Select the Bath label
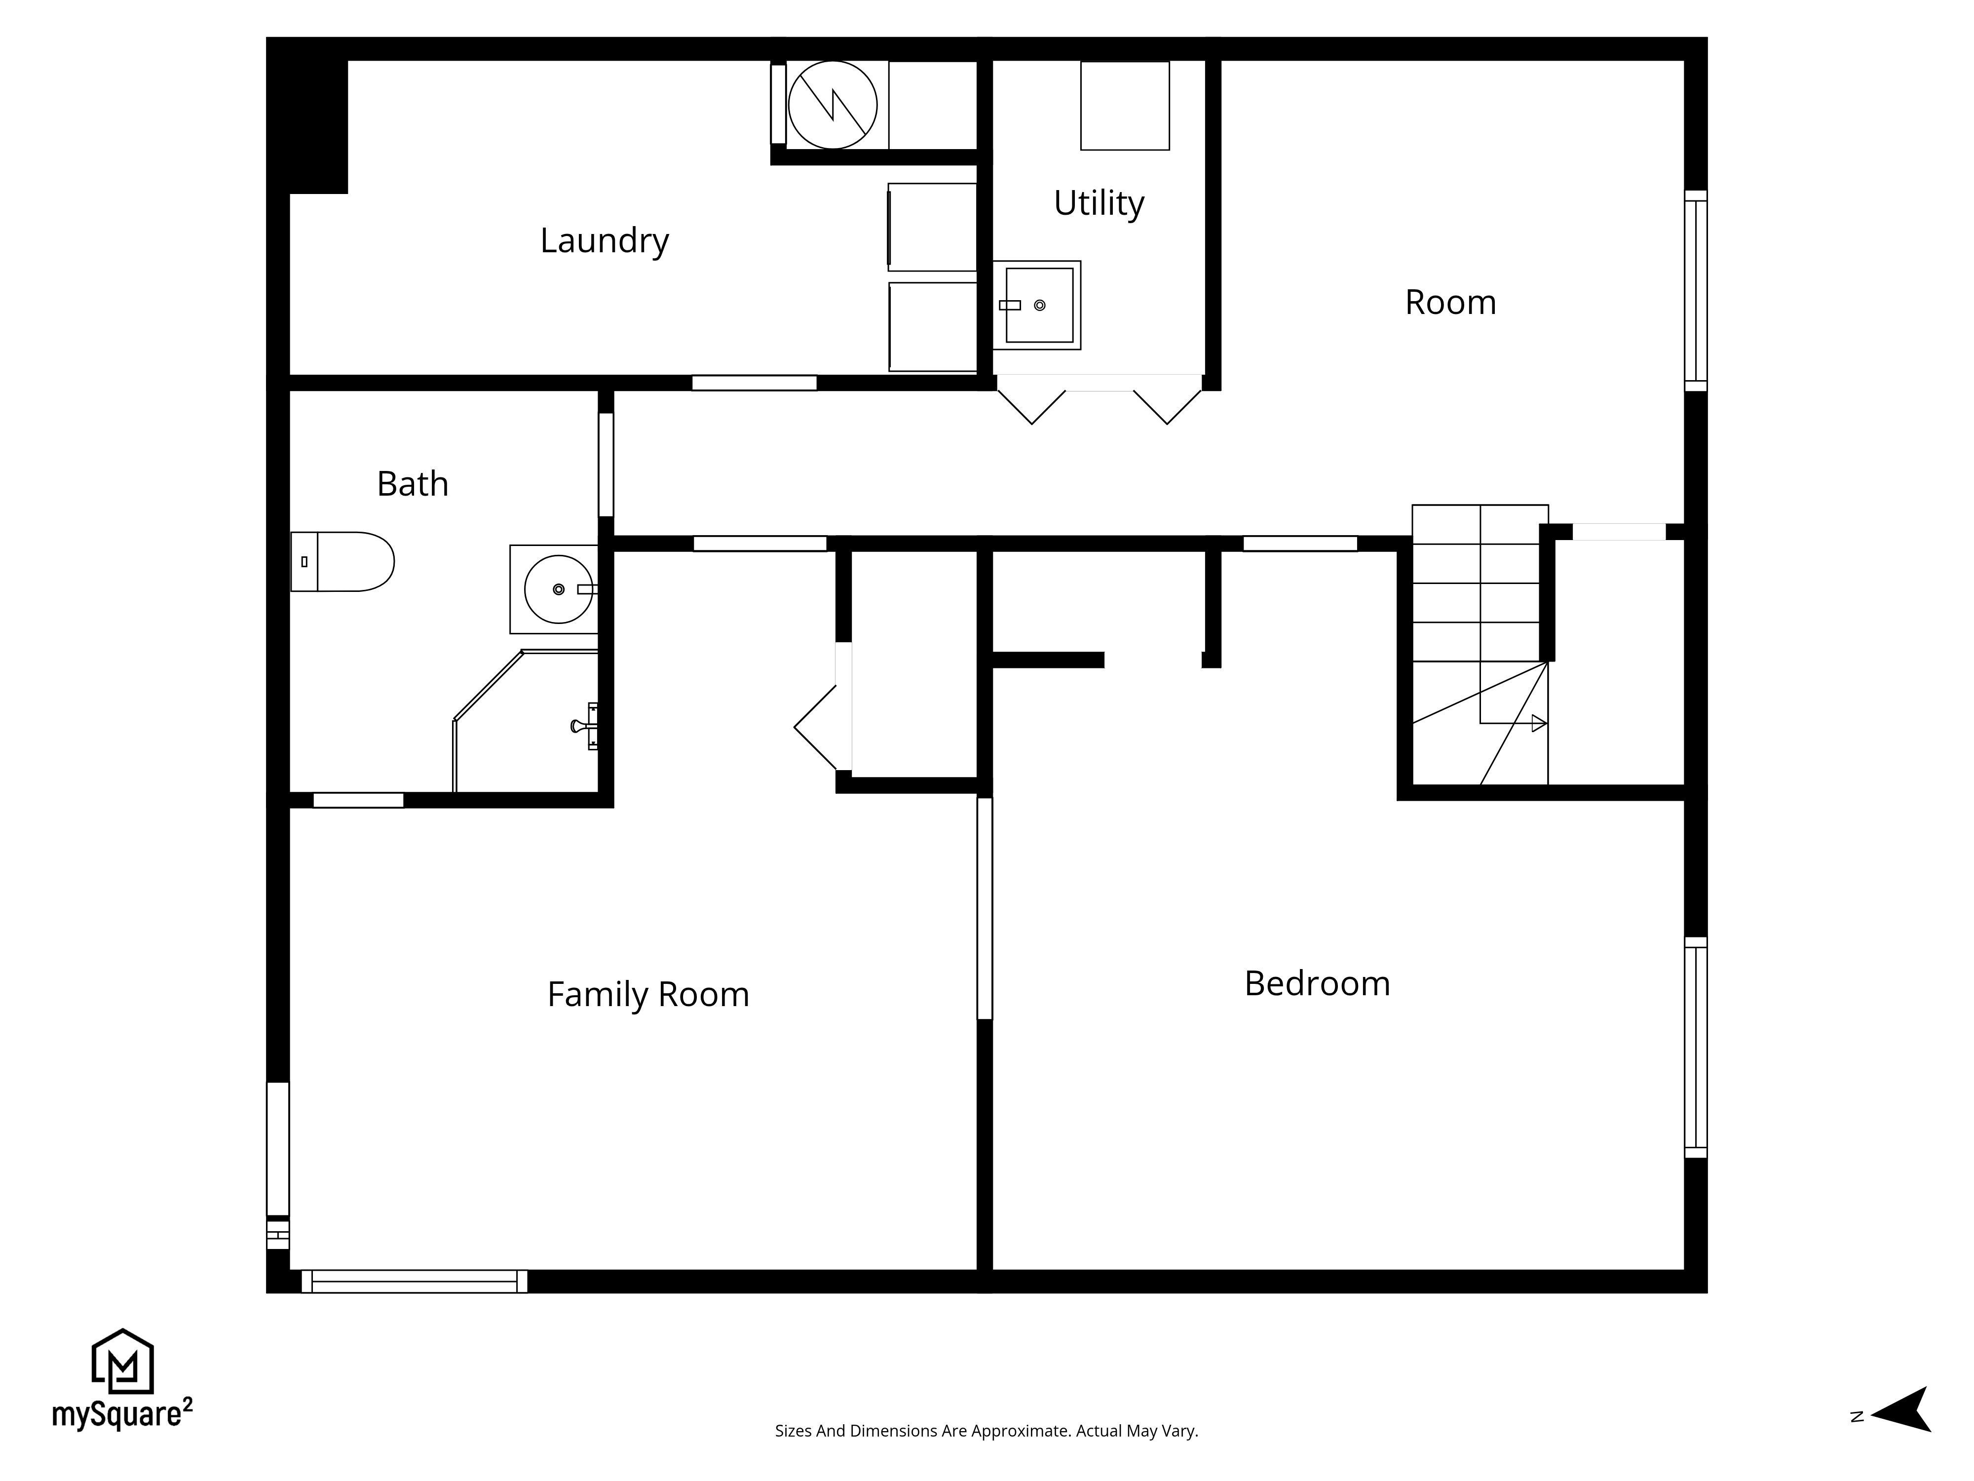tap(412, 484)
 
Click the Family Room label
tap(648, 994)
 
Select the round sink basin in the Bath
tap(558, 589)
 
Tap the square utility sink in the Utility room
tap(1038, 305)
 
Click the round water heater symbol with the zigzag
tap(832, 105)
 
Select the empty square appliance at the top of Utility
tap(1124, 105)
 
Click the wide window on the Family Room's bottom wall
tap(414, 1281)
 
